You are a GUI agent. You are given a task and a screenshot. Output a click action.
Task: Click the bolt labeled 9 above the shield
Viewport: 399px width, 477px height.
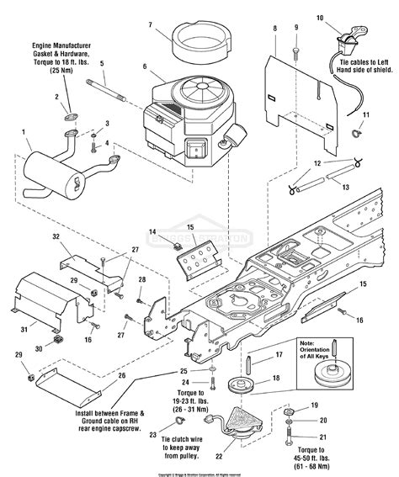pyautogui.click(x=296, y=50)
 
